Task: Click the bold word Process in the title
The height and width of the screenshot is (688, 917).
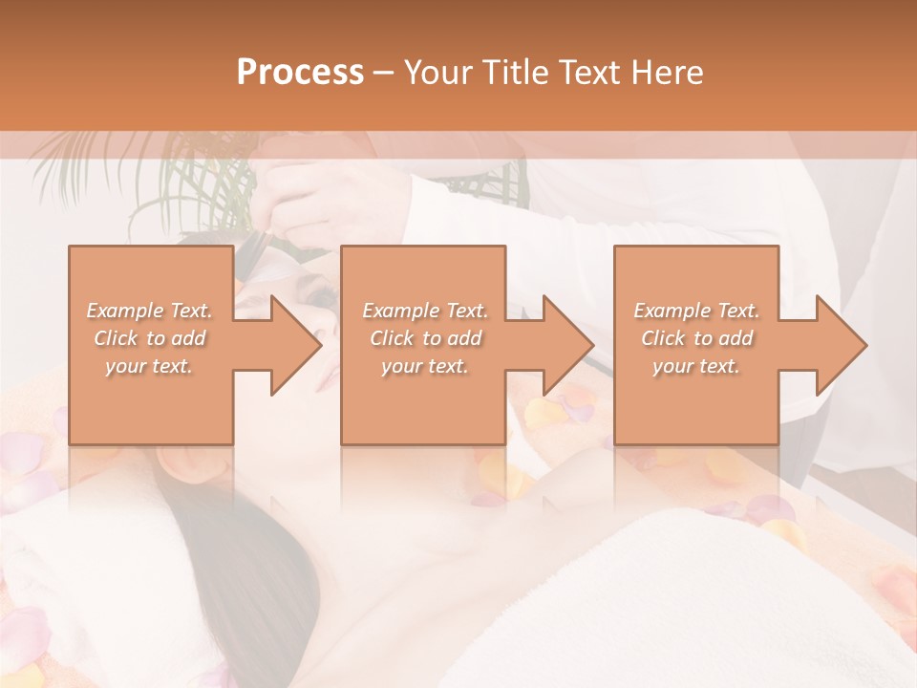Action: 300,73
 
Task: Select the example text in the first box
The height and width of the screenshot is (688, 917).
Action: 150,338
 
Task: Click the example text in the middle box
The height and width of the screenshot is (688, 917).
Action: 424,338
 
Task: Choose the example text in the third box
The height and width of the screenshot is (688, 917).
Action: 696,338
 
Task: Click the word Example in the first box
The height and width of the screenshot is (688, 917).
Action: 124,311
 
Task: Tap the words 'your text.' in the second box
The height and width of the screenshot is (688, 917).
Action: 424,366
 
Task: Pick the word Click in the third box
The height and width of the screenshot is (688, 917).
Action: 662,338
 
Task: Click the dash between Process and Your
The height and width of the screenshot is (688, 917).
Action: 384,73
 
